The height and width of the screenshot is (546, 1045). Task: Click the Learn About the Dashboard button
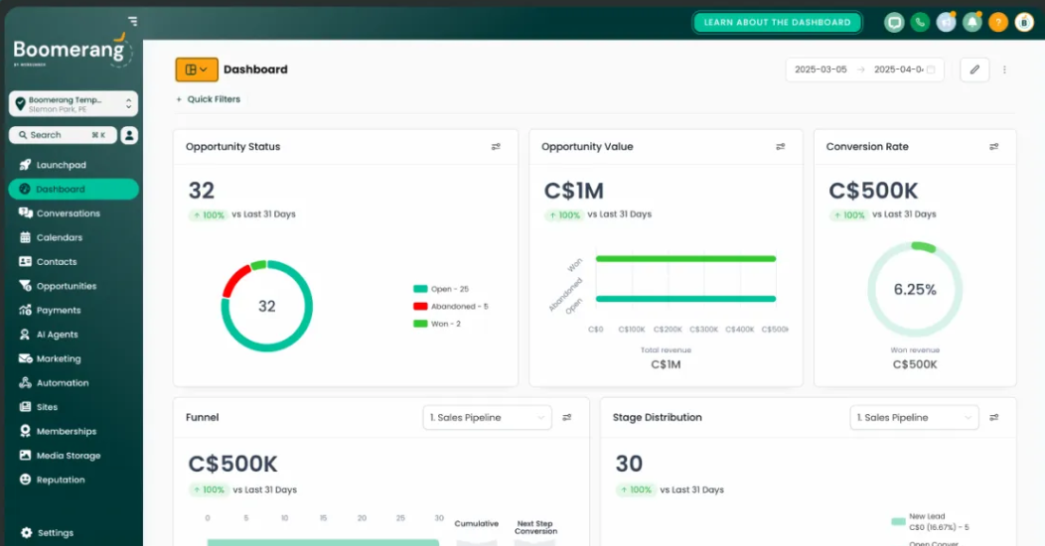[777, 22]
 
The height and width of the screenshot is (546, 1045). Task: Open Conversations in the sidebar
[68, 213]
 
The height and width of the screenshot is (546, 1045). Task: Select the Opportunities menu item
[66, 286]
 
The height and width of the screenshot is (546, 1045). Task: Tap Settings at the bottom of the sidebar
[55, 533]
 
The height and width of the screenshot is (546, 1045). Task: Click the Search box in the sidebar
[63, 135]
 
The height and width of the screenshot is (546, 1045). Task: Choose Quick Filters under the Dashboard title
[213, 99]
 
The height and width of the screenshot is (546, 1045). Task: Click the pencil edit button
[974, 69]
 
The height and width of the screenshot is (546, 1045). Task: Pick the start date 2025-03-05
[821, 69]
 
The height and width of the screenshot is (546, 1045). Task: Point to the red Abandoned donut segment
[235, 280]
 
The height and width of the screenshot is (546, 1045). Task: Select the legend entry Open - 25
[448, 289]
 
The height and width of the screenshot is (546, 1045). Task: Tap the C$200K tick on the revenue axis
[668, 330]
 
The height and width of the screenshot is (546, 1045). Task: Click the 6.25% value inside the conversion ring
[915, 290]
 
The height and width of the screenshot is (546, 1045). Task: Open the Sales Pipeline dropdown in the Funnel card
[487, 418]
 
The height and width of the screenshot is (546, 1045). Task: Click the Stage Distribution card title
[657, 418]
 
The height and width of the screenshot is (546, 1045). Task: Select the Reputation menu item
[61, 480]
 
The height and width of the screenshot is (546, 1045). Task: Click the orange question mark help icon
[997, 22]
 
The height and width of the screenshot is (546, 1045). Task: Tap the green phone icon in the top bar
[920, 22]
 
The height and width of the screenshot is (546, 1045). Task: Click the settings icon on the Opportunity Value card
[781, 147]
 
